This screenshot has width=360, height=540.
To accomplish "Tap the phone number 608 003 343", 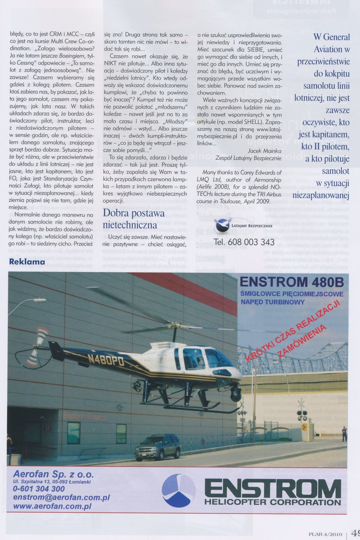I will click(x=244, y=242).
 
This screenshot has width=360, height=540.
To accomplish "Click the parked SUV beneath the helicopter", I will click(x=157, y=446).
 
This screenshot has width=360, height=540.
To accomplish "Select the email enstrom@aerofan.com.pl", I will click(x=62, y=497).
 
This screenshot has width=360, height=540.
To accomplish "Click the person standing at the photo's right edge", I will click(x=344, y=433).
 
